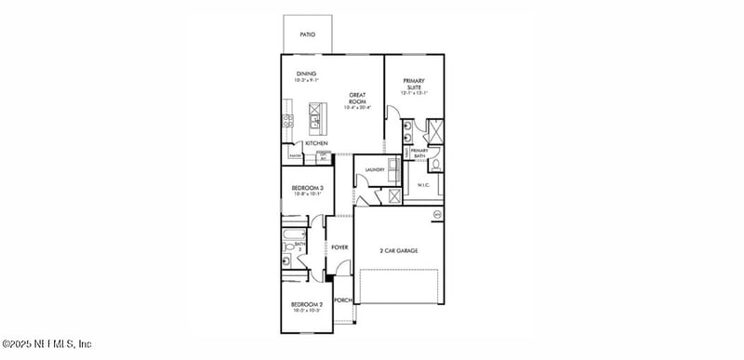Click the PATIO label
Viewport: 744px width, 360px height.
coord(307,34)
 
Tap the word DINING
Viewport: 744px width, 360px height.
coord(307,73)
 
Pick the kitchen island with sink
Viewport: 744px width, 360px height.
coord(317,117)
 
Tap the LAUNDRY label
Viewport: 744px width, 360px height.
coord(375,169)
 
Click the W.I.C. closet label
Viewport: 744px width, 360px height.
coord(423,184)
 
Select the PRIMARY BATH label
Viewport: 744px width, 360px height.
coord(419,153)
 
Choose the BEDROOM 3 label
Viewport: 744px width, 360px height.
coord(308,191)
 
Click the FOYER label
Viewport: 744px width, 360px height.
coord(339,247)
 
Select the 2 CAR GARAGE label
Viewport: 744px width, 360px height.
coord(397,250)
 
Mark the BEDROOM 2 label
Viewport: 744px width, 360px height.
coord(306,306)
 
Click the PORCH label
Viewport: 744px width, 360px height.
coord(342,300)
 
